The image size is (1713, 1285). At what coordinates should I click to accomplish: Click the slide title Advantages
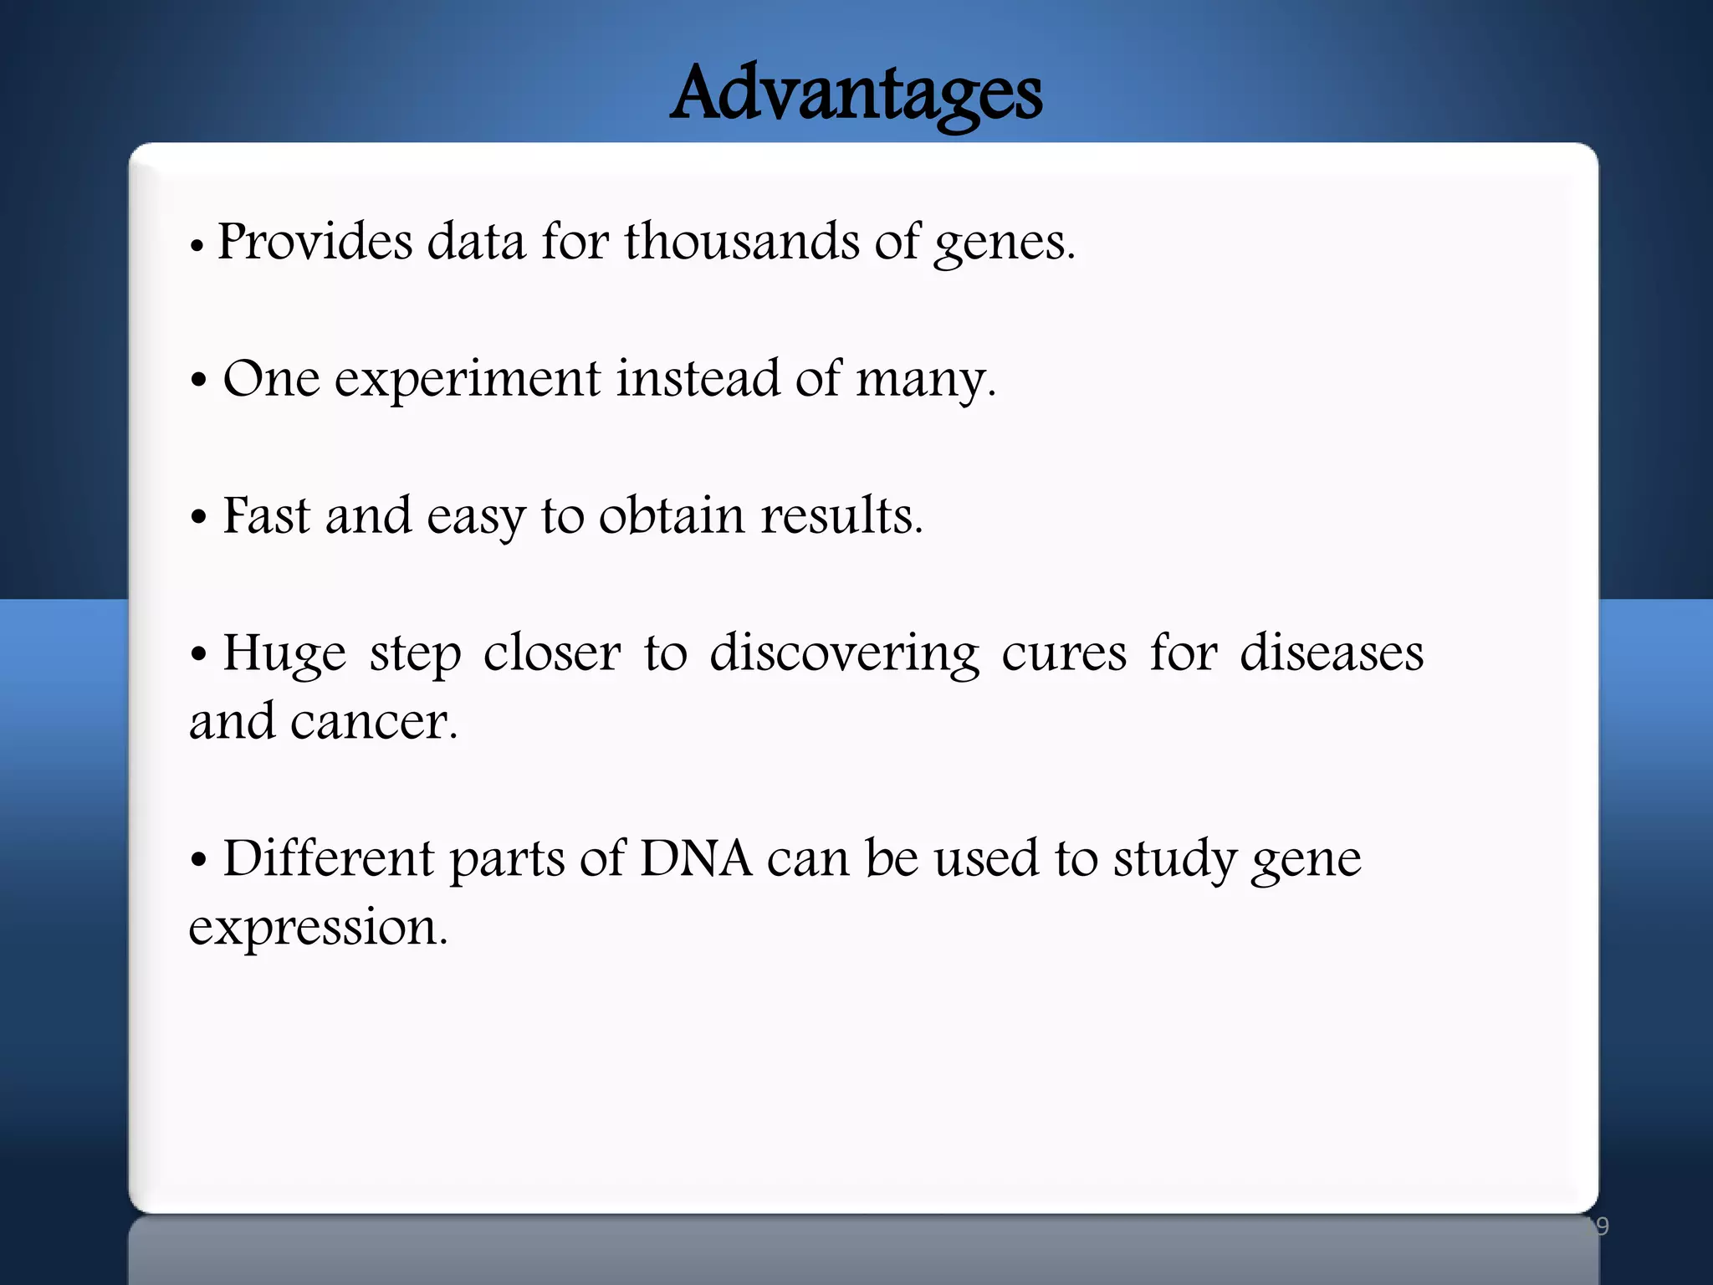856,94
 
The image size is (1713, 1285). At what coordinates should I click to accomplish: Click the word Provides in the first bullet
314,242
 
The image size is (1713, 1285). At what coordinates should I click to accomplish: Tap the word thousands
741,242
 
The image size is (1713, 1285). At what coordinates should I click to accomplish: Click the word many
923,381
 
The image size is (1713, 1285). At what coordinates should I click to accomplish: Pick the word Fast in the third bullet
266,515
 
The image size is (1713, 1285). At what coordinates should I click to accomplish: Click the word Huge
284,654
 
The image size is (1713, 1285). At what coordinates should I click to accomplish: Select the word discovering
844,654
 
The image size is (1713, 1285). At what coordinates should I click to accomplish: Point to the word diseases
1331,653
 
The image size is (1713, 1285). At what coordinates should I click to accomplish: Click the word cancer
373,721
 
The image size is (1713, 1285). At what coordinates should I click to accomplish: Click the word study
1174,860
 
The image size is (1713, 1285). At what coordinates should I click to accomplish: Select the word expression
318,929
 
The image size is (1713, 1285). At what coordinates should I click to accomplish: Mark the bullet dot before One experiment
198,381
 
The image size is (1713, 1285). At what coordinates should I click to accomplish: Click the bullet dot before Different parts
198,860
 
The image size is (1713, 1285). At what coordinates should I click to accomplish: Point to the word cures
1063,653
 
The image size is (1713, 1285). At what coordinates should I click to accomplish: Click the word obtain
671,515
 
